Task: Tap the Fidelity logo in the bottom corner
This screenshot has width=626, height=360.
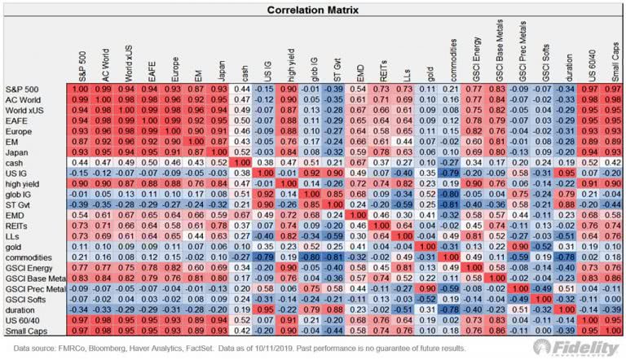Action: [x=583, y=346]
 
